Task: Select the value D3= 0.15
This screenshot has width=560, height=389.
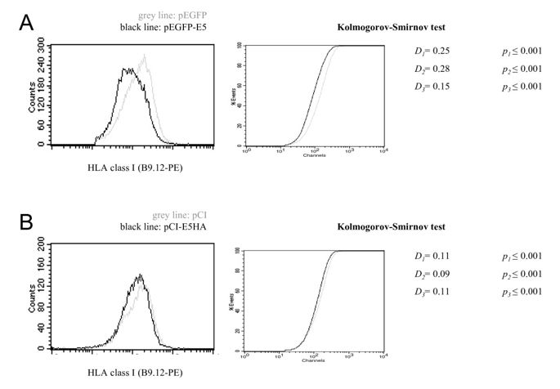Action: (x=433, y=87)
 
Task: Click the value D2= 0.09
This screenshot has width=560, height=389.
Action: (x=433, y=273)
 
